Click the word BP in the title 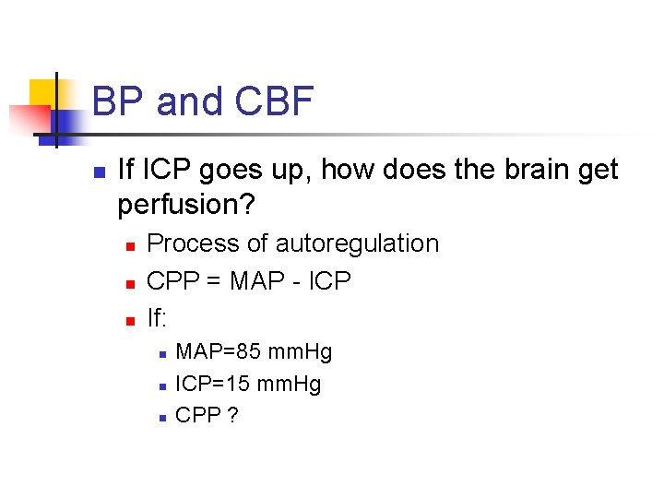119,101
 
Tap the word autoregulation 357,243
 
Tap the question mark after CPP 232,415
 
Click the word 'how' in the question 347,171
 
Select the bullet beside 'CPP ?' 160,417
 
